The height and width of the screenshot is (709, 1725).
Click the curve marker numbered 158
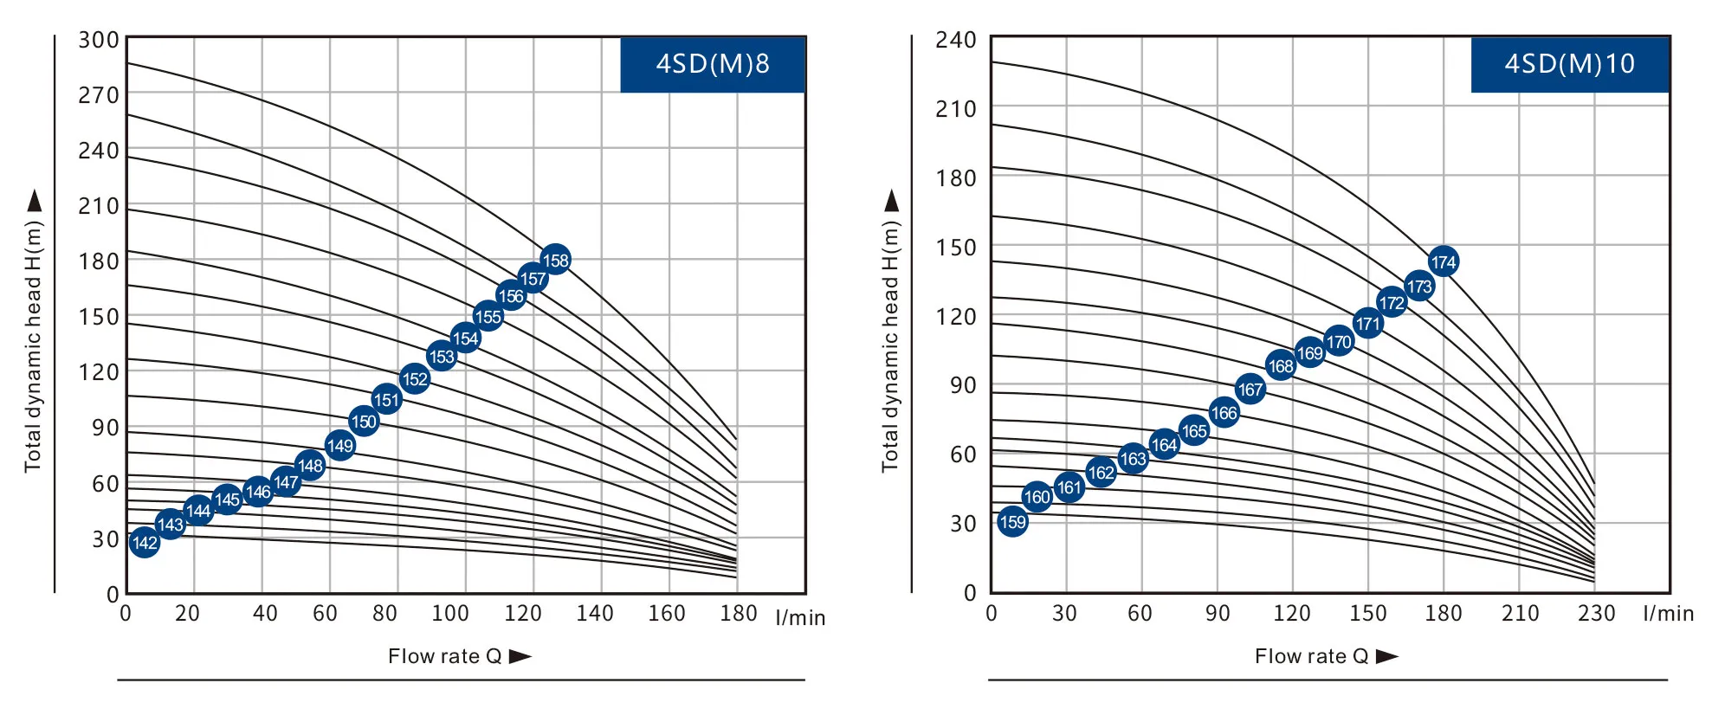click(555, 260)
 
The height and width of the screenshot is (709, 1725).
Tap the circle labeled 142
click(145, 543)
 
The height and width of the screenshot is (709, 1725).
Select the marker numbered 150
click(364, 422)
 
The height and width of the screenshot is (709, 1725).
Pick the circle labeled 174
click(1443, 261)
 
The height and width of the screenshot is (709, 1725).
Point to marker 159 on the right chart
click(1012, 522)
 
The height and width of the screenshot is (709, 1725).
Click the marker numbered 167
click(1250, 390)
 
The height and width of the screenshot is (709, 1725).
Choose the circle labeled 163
click(1133, 459)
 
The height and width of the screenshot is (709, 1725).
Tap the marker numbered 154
click(465, 338)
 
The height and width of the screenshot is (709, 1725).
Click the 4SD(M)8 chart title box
click(713, 64)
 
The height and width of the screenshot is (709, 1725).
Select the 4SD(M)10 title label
click(1569, 64)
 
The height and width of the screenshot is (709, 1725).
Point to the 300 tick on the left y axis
click(99, 40)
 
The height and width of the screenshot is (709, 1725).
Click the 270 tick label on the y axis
click(99, 95)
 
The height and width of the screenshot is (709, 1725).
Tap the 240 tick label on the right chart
click(956, 40)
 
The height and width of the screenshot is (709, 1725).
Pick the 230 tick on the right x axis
click(1596, 614)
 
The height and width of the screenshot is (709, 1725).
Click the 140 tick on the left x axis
click(595, 614)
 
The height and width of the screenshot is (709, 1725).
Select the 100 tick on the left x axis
click(450, 614)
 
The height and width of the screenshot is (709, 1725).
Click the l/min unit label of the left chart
click(800, 618)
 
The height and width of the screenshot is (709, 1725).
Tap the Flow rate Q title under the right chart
click(1312, 656)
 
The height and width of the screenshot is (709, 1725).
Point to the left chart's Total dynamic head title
click(33, 346)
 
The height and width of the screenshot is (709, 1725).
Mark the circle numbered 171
click(1367, 324)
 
